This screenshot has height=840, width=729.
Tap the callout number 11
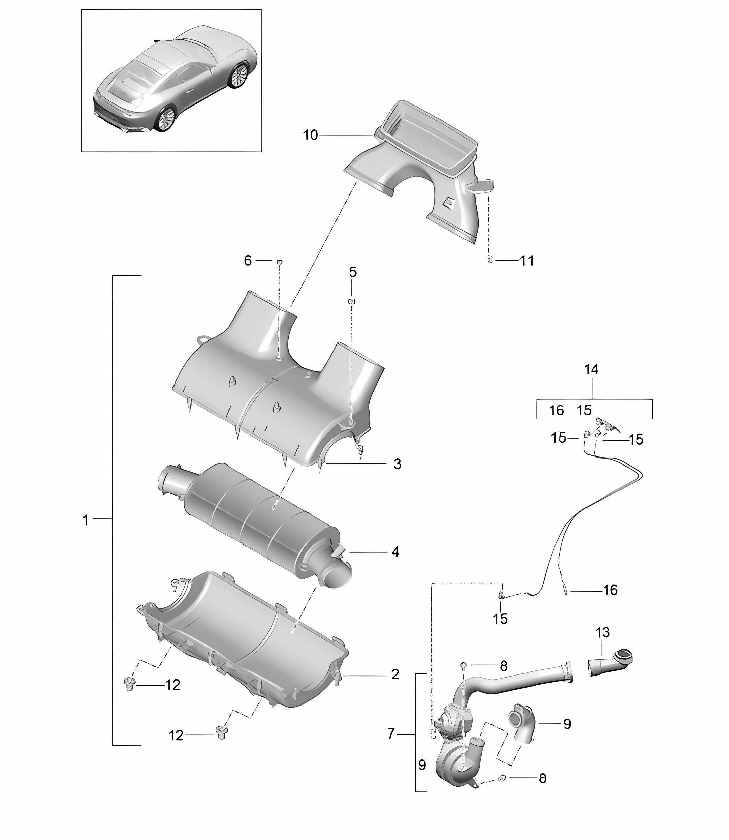527,261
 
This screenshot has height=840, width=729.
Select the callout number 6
248,261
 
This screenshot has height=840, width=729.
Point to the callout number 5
353,272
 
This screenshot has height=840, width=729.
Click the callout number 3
397,464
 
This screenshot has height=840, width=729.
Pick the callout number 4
395,552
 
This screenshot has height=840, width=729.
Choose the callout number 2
395,674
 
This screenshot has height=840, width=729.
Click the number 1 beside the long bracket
86,520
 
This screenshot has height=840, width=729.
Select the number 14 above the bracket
591,369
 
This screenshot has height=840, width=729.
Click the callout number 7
391,734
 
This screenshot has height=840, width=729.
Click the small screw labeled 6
280,262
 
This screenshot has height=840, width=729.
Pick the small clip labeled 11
490,260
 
